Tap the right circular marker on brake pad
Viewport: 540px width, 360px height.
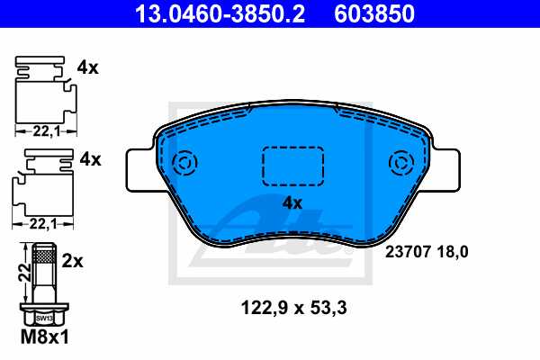400,163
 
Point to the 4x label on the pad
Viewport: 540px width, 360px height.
292,202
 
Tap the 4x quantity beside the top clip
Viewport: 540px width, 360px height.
88,67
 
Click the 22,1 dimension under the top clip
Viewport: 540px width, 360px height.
41,131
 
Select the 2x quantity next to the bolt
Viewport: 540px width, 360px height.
73,261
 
